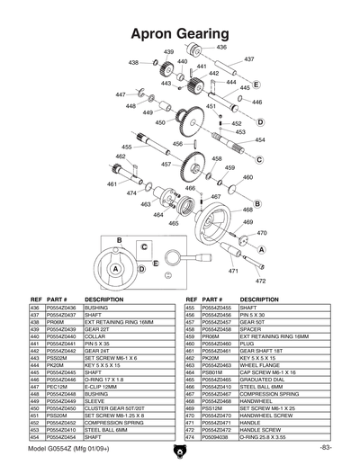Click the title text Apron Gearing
pyautogui.click(x=179, y=33)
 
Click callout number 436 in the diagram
pyautogui.click(x=221, y=46)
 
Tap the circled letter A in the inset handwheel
pyautogui.click(x=115, y=268)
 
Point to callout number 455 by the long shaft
pyautogui.click(x=127, y=147)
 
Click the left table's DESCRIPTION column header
pyautogui.click(x=103, y=300)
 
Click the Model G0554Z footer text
pyautogui.click(x=65, y=447)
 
